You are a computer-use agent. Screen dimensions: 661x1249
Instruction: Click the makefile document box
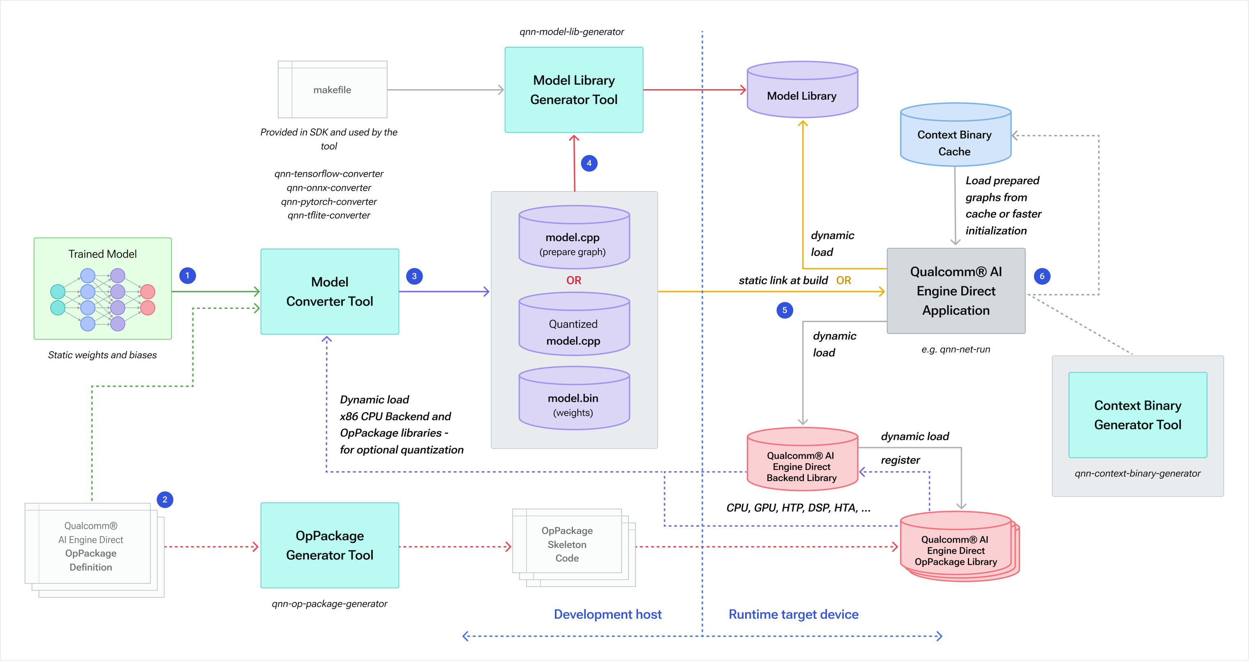pyautogui.click(x=332, y=90)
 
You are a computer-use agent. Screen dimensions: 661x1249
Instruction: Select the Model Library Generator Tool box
pyautogui.click(x=574, y=90)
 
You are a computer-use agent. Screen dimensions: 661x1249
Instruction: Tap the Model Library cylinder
pyautogui.click(x=802, y=92)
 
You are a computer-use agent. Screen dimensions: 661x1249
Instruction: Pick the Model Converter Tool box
pyautogui.click(x=330, y=291)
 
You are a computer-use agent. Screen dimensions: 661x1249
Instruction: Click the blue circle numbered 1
pyautogui.click(x=187, y=276)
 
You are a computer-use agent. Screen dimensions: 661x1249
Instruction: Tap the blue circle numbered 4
pyautogui.click(x=589, y=164)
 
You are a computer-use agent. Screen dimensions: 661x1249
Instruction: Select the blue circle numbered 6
pyautogui.click(x=1042, y=276)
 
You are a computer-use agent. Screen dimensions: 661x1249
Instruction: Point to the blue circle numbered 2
pyautogui.click(x=165, y=500)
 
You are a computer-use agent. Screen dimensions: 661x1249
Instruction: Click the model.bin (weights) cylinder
pyautogui.click(x=574, y=402)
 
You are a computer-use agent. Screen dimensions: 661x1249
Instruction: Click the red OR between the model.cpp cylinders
pyautogui.click(x=574, y=281)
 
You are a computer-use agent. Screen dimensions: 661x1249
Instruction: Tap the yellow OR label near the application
pyautogui.click(x=844, y=281)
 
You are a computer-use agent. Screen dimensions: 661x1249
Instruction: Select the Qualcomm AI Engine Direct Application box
pyautogui.click(x=956, y=291)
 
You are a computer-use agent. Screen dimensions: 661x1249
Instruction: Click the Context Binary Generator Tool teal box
pyautogui.click(x=1138, y=415)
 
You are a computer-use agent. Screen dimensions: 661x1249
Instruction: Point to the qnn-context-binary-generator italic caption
pyautogui.click(x=1138, y=473)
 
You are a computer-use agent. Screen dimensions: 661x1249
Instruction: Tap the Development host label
pyautogui.click(x=607, y=615)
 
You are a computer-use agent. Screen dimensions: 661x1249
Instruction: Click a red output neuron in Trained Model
pyautogui.click(x=148, y=292)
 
